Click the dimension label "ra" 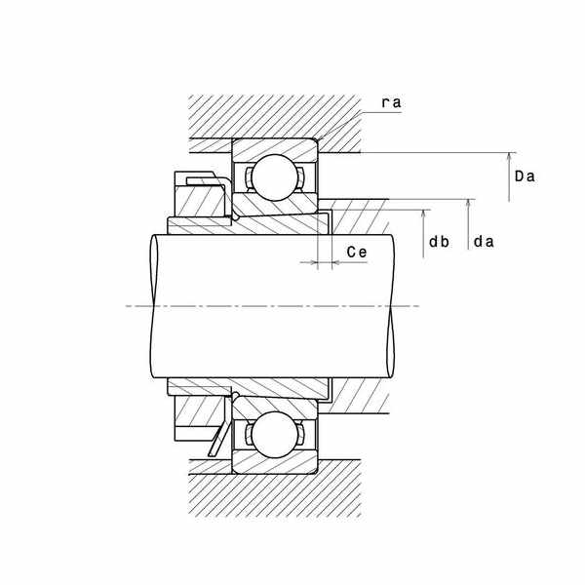click(x=391, y=102)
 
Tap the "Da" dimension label click(x=525, y=176)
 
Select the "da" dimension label click(x=484, y=242)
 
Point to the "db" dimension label click(x=439, y=242)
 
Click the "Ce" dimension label click(x=357, y=253)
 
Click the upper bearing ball click(x=275, y=177)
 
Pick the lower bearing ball click(x=275, y=435)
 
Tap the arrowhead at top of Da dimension click(x=509, y=157)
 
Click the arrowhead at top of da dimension click(x=468, y=204)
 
